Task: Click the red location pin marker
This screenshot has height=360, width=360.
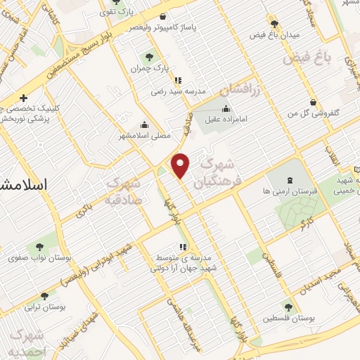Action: point(181,165)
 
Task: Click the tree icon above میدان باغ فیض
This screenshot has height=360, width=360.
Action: point(274,24)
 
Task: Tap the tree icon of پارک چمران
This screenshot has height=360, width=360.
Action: point(148,57)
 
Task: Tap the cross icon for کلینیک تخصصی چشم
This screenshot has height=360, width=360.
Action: point(24,98)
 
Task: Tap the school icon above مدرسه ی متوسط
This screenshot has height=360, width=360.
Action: point(183,247)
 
